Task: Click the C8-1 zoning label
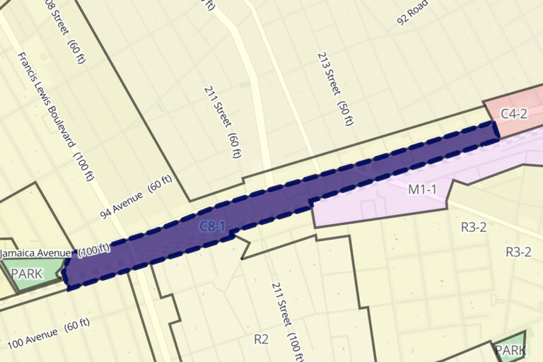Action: pos(212,226)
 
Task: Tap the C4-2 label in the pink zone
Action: pos(514,114)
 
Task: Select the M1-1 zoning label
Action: pos(423,189)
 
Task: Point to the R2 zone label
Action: pos(262,339)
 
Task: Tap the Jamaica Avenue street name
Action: pos(35,252)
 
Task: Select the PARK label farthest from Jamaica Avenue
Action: pos(509,350)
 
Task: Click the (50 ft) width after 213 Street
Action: pos(346,112)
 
